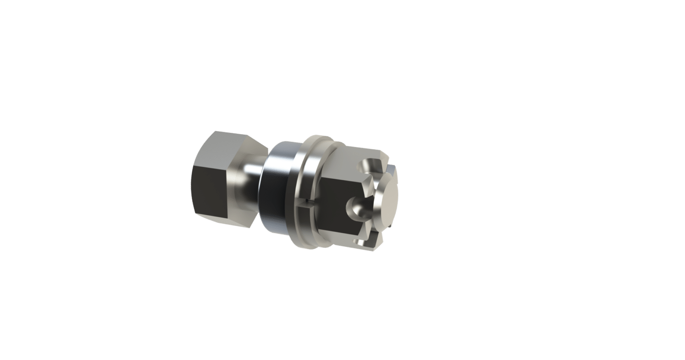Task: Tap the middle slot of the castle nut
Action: pyautogui.click(x=357, y=206)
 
